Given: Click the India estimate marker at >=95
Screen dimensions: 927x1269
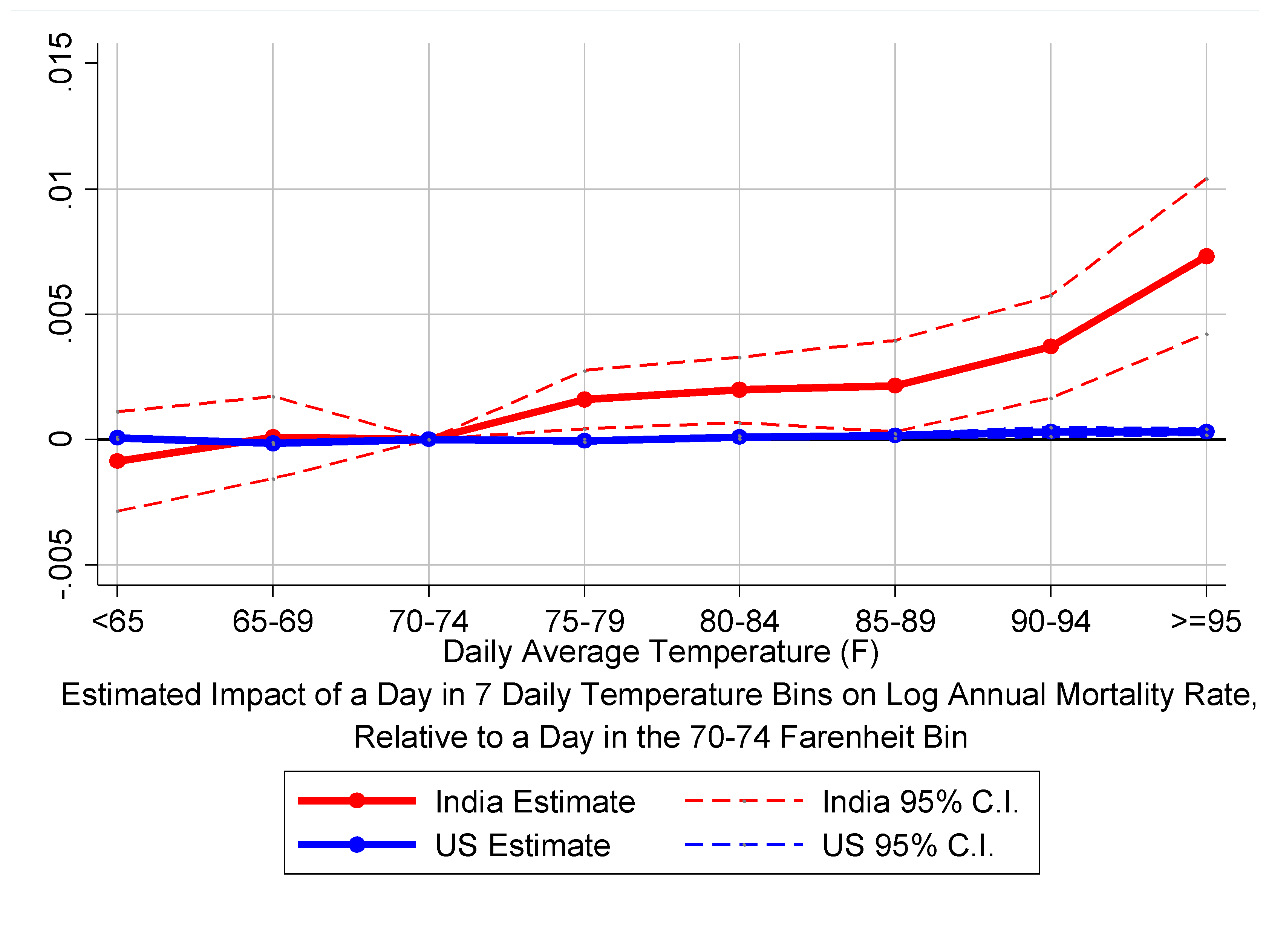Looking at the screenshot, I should click(1206, 257).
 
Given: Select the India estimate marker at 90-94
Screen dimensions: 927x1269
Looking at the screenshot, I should click(1051, 346).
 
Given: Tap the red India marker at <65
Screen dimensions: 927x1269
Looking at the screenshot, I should click(117, 461).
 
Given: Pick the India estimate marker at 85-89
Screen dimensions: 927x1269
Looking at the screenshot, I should click(895, 385).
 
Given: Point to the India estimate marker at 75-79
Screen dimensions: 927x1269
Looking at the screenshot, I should click(584, 399).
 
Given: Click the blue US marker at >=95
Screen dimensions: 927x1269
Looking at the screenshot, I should click(1206, 431).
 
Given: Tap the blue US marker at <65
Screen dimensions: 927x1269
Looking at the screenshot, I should click(117, 438).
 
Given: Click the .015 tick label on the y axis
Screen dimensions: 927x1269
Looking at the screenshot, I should click(61, 62).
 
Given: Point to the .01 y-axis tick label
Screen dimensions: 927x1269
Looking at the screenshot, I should click(61, 189).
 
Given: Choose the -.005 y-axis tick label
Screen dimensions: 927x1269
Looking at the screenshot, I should click(61, 564).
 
